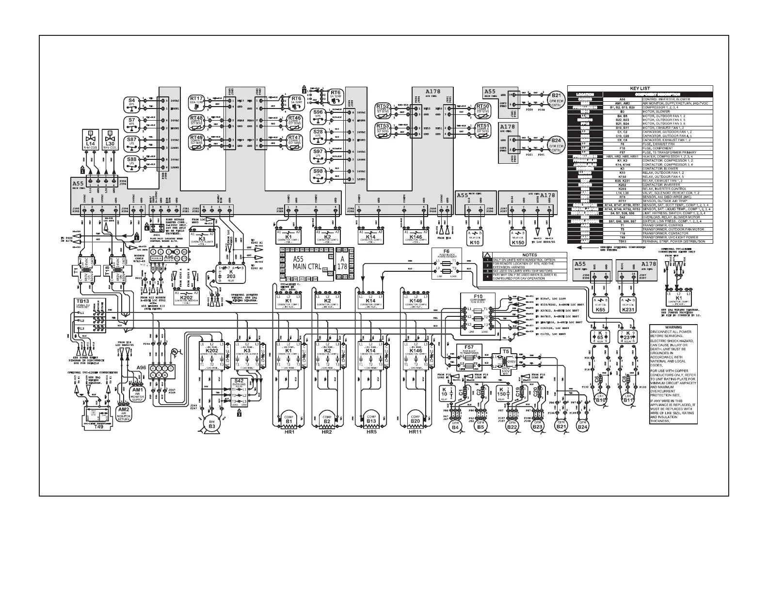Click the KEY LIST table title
click(640, 89)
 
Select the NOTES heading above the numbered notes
click(529, 255)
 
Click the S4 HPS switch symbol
click(131, 103)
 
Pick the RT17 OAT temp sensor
click(197, 100)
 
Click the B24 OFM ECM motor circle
click(556, 144)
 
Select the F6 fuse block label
click(446, 251)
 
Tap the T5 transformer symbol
click(506, 359)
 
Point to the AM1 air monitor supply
click(137, 392)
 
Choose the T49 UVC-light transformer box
click(98, 417)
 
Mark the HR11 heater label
click(415, 432)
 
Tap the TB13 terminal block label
click(82, 301)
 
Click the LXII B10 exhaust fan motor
click(601, 399)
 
